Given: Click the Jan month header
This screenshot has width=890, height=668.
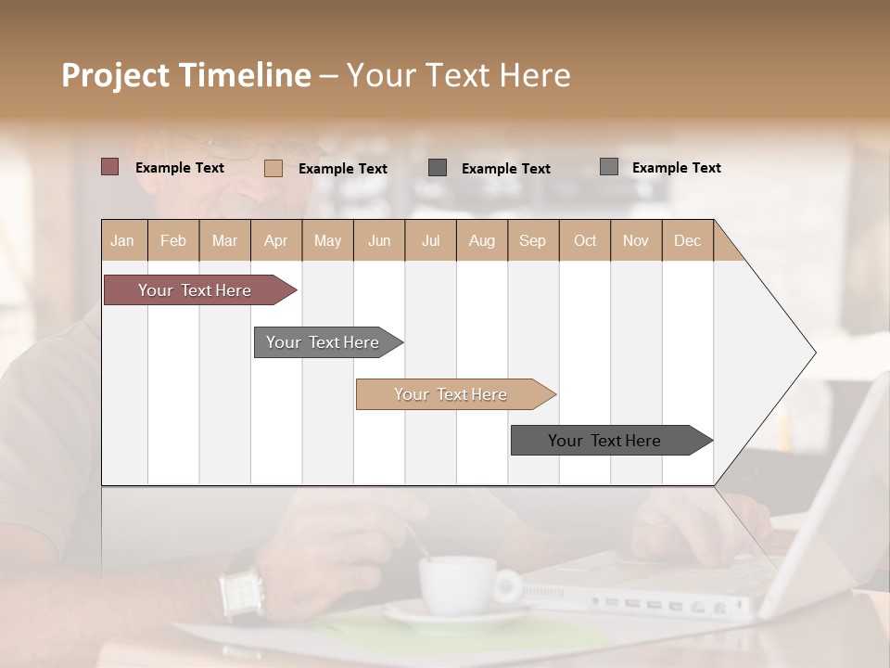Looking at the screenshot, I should (123, 240).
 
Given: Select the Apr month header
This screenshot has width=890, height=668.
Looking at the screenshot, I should (276, 240).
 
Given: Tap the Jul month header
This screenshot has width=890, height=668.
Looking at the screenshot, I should (430, 240).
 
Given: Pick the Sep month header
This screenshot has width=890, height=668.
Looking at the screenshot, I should (532, 240).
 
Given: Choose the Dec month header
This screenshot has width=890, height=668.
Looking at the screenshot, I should (687, 240).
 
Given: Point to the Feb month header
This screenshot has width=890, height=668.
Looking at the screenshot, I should (173, 240).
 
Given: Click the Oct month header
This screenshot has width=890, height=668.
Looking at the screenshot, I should (585, 240).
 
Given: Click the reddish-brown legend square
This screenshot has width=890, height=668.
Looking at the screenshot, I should (109, 167).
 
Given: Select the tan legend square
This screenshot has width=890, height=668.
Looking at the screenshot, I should (273, 168).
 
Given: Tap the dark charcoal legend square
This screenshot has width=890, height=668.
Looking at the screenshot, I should (438, 167).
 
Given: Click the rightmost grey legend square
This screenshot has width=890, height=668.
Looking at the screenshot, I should (609, 167).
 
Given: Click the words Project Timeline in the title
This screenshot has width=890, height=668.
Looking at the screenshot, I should (185, 75).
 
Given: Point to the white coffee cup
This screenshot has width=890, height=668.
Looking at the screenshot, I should (459, 584).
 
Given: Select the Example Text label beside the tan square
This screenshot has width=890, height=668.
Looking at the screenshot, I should (343, 169).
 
